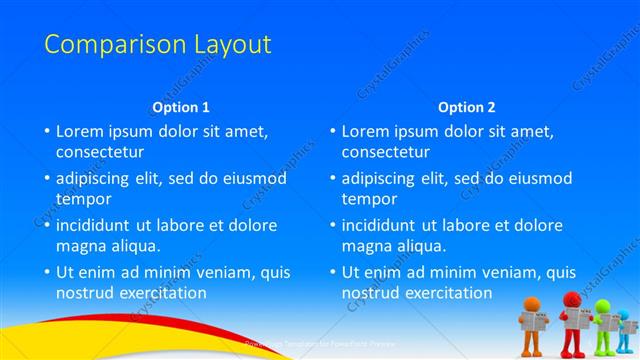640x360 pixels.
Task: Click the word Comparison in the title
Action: point(103,45)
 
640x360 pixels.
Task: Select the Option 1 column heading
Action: point(181,107)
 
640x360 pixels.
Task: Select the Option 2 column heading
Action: point(466,107)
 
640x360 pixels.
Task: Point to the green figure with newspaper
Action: point(604,322)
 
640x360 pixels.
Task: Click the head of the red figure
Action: point(572,300)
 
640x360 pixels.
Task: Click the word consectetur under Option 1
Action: point(100,152)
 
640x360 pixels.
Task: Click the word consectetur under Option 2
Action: point(386,152)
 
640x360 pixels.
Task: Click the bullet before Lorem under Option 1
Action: point(46,131)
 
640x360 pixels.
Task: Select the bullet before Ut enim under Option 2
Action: point(332,272)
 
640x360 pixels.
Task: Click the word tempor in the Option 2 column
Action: point(369,199)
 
